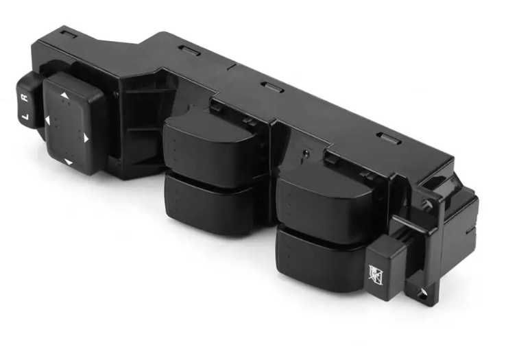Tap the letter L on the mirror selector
(x=27, y=117)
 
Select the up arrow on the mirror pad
(x=64, y=95)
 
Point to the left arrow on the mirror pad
(x=47, y=121)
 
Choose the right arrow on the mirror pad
(x=86, y=139)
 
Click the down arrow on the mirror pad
(x=69, y=162)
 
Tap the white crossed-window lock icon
(x=376, y=276)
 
